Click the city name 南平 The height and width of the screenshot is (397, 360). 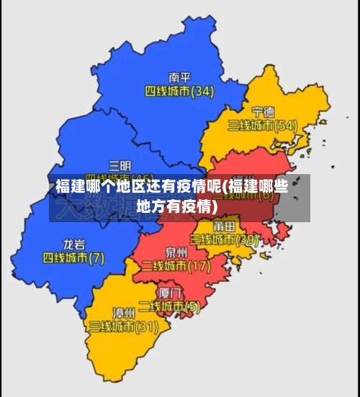tap(179, 77)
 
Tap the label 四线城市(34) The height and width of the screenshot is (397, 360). tap(179, 91)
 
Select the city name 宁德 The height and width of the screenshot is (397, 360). tap(263, 111)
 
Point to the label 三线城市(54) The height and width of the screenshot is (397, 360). tap(263, 125)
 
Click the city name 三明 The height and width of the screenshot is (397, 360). tap(120, 165)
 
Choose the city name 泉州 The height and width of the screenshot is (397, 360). tap(176, 252)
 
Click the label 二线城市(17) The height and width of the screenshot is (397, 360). tap(176, 266)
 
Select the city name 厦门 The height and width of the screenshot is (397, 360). tap(169, 293)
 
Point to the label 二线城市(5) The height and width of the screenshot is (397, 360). tap(169, 306)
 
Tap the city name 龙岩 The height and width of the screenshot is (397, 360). tap(74, 243)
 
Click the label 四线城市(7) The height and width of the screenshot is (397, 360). tap(74, 257)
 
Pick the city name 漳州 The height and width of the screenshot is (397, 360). tap(124, 312)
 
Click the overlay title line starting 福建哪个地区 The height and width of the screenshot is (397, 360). tap(172, 188)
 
